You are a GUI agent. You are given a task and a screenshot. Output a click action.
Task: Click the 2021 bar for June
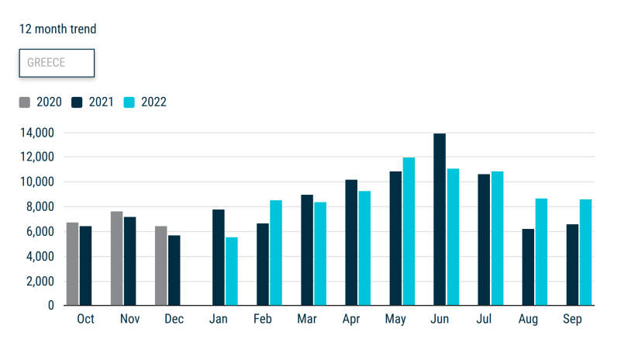pyautogui.click(x=440, y=220)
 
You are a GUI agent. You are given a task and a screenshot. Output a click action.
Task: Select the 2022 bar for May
pyautogui.click(x=409, y=231)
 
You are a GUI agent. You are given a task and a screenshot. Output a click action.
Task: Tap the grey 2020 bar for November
pyautogui.click(x=116, y=258)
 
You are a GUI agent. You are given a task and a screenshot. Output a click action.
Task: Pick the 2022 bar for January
pyautogui.click(x=232, y=272)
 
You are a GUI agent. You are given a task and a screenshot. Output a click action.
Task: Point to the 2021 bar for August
pyautogui.click(x=528, y=267)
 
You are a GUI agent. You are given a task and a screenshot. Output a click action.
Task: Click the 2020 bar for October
pyautogui.click(x=73, y=264)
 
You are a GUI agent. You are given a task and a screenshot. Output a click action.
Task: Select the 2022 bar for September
pyautogui.click(x=585, y=253)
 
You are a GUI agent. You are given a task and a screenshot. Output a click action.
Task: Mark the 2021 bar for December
pyautogui.click(x=174, y=270)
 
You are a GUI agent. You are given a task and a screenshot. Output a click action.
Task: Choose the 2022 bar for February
pyautogui.click(x=276, y=253)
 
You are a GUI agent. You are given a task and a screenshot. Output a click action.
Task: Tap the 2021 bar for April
pyautogui.click(x=351, y=243)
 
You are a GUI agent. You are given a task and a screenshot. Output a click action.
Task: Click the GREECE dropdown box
pyautogui.click(x=57, y=63)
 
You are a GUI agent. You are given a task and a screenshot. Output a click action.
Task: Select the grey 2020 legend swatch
pyautogui.click(x=25, y=102)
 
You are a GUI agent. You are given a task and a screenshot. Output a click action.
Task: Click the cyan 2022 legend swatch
pyautogui.click(x=129, y=102)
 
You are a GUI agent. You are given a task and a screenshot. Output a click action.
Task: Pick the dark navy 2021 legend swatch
pyautogui.click(x=77, y=102)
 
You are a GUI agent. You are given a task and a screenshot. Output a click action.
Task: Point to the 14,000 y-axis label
pyautogui.click(x=37, y=133)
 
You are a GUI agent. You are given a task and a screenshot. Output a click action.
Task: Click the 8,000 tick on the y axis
pyautogui.click(x=40, y=207)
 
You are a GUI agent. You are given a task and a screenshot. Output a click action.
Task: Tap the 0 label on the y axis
pyautogui.click(x=51, y=306)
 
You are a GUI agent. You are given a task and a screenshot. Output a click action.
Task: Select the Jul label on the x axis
pyautogui.click(x=484, y=319)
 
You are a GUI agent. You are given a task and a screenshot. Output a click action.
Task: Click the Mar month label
pyautogui.click(x=307, y=319)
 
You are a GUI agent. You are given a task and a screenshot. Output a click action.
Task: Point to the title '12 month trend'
pyautogui.click(x=57, y=29)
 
